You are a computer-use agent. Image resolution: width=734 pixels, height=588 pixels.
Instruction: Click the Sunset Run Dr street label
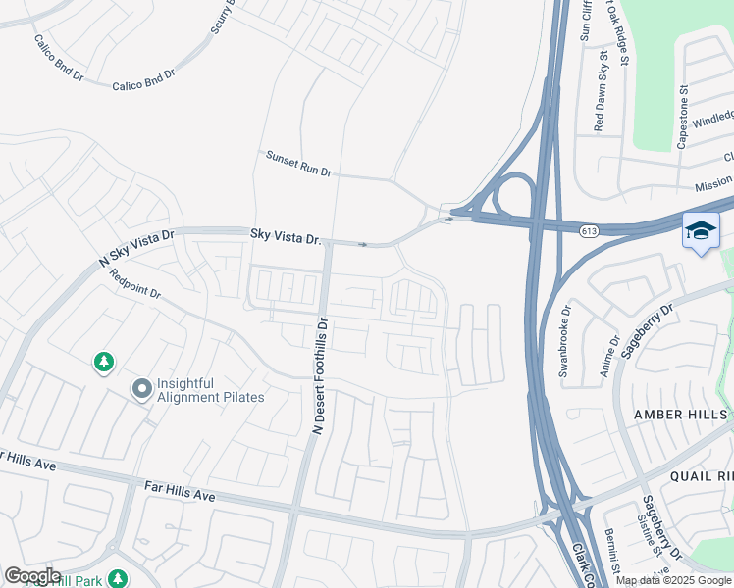299,164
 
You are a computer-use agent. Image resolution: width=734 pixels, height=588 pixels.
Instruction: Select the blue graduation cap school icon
701,231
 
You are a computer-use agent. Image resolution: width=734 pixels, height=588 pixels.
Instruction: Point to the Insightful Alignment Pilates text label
211,390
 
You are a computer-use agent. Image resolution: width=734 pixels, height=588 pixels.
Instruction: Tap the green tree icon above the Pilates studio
104,364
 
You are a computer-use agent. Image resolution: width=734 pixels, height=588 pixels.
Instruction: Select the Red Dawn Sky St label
600,94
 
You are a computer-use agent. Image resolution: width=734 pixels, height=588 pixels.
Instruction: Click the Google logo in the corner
32,576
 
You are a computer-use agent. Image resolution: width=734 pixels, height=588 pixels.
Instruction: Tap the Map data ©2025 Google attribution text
673,580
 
